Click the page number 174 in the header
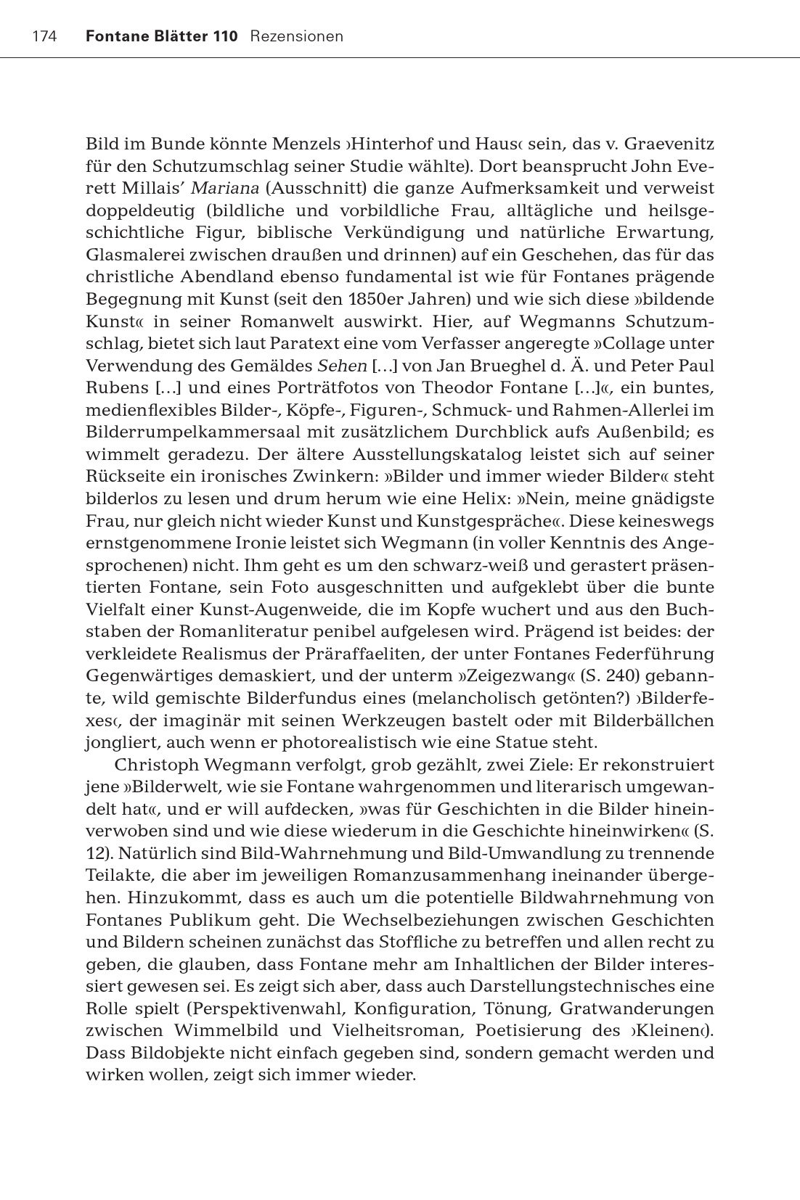tap(44, 36)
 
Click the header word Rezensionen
tap(296, 36)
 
